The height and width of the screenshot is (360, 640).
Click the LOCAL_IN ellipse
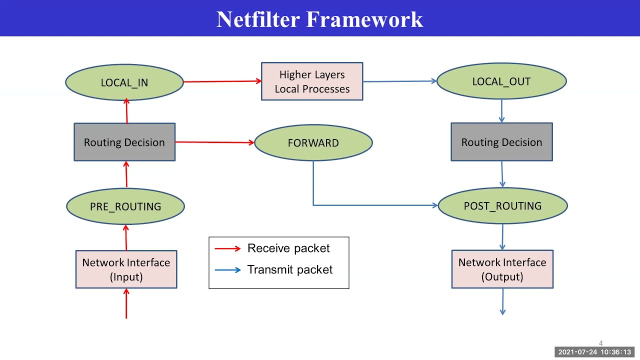[124, 82]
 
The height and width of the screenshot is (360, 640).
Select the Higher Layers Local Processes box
[312, 81]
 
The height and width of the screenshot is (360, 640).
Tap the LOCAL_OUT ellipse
[501, 81]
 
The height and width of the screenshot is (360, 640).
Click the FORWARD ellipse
[313, 143]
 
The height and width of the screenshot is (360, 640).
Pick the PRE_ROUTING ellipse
[125, 206]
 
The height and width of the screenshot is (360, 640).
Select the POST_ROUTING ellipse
[502, 206]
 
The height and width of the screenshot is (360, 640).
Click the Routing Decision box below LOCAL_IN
[124, 142]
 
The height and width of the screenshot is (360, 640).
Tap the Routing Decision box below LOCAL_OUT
[501, 142]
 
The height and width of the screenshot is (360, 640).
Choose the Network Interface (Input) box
[126, 269]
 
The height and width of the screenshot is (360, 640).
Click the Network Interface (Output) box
[502, 269]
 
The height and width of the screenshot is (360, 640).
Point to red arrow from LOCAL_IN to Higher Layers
[222, 81]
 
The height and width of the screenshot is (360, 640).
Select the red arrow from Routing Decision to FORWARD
[215, 142]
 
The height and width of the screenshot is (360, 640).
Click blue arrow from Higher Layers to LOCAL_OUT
[400, 81]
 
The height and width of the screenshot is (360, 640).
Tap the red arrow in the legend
[228, 248]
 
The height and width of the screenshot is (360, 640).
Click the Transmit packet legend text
[290, 269]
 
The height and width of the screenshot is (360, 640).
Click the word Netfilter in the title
[258, 19]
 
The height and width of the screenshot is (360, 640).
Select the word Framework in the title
[364, 19]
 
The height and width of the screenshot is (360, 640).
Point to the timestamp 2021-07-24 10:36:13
[594, 352]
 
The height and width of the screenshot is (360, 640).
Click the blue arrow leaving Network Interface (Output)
[502, 302]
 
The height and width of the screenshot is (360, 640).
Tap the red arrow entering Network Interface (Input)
[126, 303]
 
